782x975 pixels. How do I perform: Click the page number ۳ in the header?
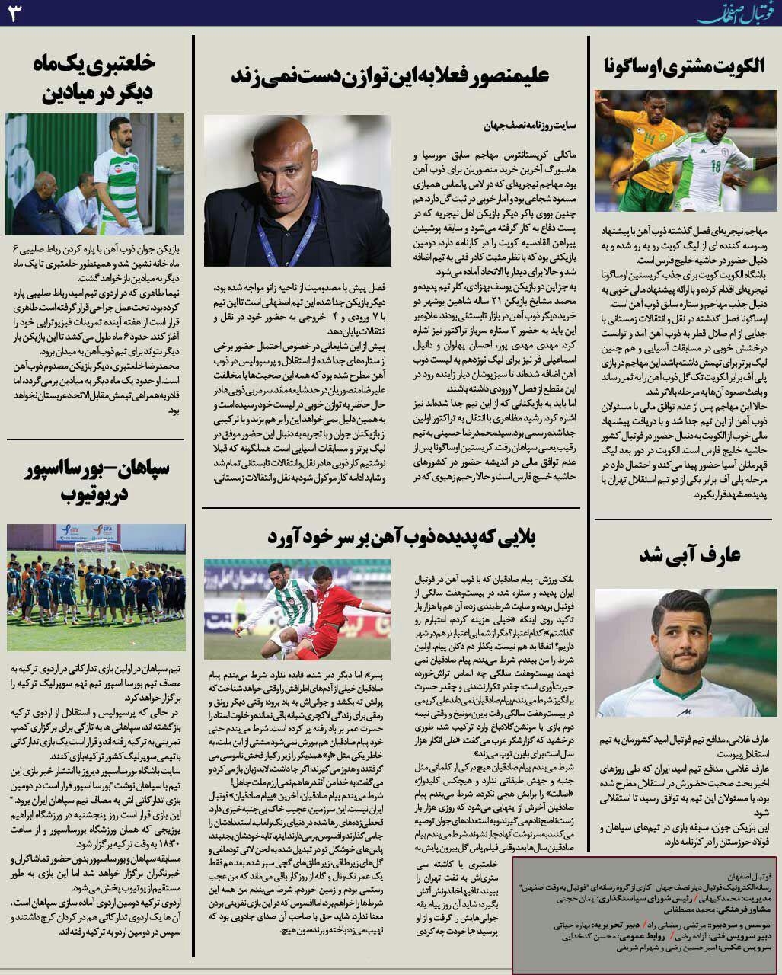(14, 14)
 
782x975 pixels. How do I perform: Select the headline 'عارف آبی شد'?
(690, 555)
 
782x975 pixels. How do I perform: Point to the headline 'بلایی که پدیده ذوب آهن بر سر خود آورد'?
(401, 537)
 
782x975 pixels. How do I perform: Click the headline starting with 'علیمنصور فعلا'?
(390, 75)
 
